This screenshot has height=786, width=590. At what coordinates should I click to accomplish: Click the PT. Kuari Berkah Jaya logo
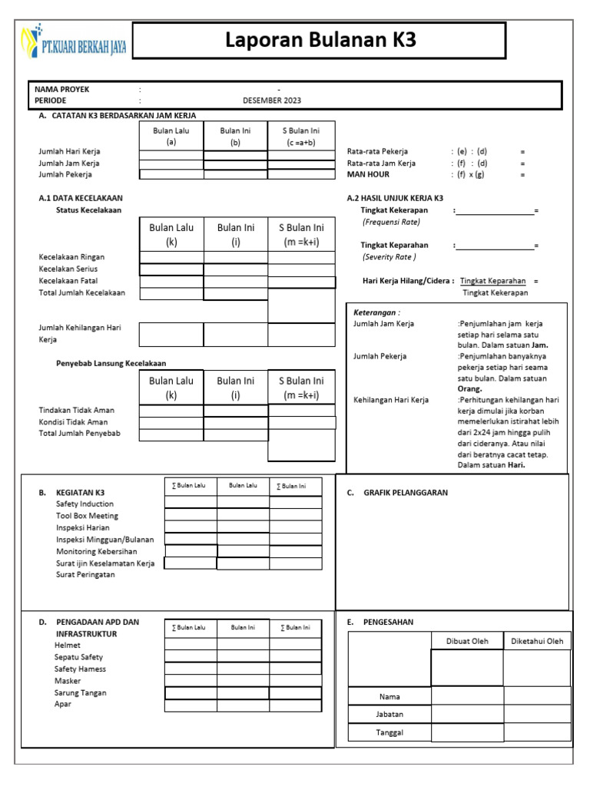(75, 44)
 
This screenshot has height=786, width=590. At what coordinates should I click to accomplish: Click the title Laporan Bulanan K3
(320, 41)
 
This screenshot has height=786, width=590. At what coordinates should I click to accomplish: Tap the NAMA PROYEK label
(61, 89)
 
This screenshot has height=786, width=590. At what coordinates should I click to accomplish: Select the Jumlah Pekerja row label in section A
(69, 175)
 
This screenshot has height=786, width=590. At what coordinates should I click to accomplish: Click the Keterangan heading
(376, 312)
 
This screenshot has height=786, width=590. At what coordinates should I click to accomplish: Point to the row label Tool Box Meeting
(87, 516)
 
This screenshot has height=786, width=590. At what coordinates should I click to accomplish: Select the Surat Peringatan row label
(85, 575)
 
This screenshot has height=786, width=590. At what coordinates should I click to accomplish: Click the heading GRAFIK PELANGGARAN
(405, 493)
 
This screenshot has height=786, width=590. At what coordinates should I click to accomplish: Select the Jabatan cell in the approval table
(389, 714)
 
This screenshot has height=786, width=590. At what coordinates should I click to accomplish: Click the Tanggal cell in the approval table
(389, 732)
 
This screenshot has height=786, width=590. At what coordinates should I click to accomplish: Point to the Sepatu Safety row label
(78, 657)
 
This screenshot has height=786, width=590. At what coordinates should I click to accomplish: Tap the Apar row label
(62, 704)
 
